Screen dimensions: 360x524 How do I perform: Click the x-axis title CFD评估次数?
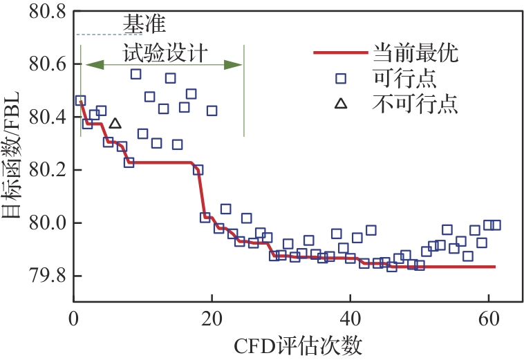point(299,345)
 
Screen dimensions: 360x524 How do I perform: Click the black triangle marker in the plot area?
point(115,124)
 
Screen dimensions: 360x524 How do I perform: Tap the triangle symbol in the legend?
point(340,104)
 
